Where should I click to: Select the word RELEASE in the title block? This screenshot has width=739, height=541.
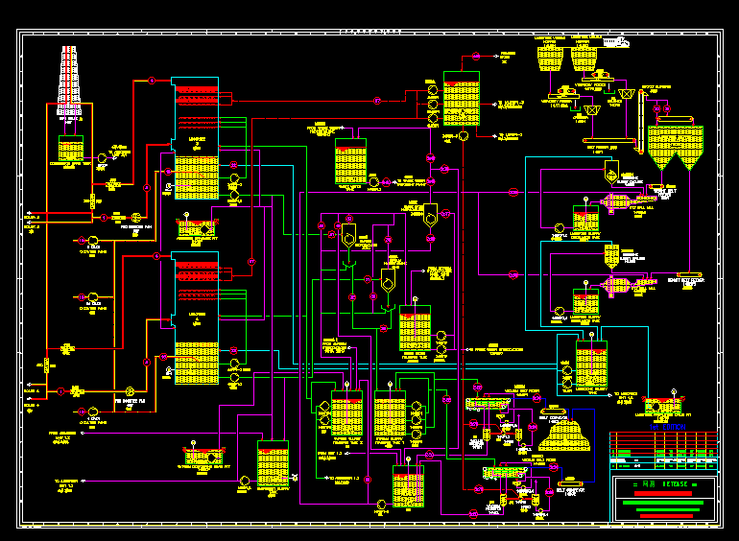pyautogui.click(x=678, y=482)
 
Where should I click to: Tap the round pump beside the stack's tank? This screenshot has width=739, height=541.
pyautogui.click(x=101, y=156)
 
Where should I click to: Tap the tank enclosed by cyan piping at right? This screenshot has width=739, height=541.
pyautogui.click(x=584, y=362)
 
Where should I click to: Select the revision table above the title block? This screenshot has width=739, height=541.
pyautogui.click(x=663, y=446)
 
